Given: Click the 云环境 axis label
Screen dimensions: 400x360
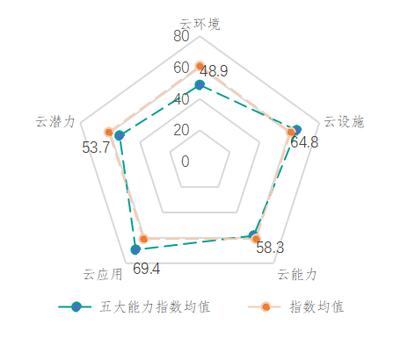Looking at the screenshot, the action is [200, 24].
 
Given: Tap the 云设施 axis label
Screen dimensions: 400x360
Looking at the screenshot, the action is [344, 121].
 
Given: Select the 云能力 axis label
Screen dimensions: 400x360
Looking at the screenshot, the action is [297, 275].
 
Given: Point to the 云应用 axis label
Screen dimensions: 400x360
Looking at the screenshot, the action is [103, 275].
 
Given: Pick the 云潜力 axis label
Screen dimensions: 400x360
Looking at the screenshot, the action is [55, 121].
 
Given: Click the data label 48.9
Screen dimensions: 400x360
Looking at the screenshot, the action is [214, 71].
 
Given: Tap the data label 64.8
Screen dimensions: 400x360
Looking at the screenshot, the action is [304, 142].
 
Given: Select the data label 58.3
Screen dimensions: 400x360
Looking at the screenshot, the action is [270, 248].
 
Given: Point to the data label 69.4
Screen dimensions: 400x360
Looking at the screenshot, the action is [147, 269].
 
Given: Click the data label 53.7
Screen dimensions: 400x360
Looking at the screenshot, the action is [96, 148].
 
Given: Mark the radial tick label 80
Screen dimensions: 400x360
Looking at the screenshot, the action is [181, 36].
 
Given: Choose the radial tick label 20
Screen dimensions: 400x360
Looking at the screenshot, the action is [181, 130].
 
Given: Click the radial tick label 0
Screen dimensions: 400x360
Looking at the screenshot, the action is [185, 162].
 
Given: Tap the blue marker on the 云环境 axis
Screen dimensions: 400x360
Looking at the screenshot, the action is [200, 85].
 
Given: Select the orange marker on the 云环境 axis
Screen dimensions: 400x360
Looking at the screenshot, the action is [200, 66].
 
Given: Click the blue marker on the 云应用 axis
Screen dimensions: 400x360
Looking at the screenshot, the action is [135, 249].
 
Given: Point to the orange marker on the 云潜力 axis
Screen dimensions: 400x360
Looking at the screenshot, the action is [109, 133].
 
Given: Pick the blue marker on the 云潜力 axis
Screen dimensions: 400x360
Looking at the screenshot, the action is [120, 135].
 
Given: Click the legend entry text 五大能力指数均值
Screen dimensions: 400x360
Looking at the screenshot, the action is [155, 307].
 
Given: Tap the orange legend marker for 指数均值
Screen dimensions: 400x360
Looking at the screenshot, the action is [265, 307].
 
